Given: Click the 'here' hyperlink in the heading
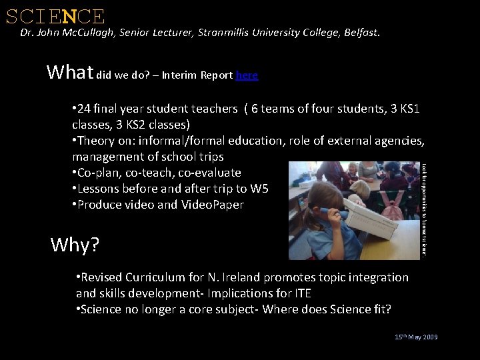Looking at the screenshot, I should pos(247,75).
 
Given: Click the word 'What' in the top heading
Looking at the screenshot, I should pos(70,72).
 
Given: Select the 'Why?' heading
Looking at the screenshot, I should pos(75,245).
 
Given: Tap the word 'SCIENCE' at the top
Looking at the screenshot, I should pos(55,16).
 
